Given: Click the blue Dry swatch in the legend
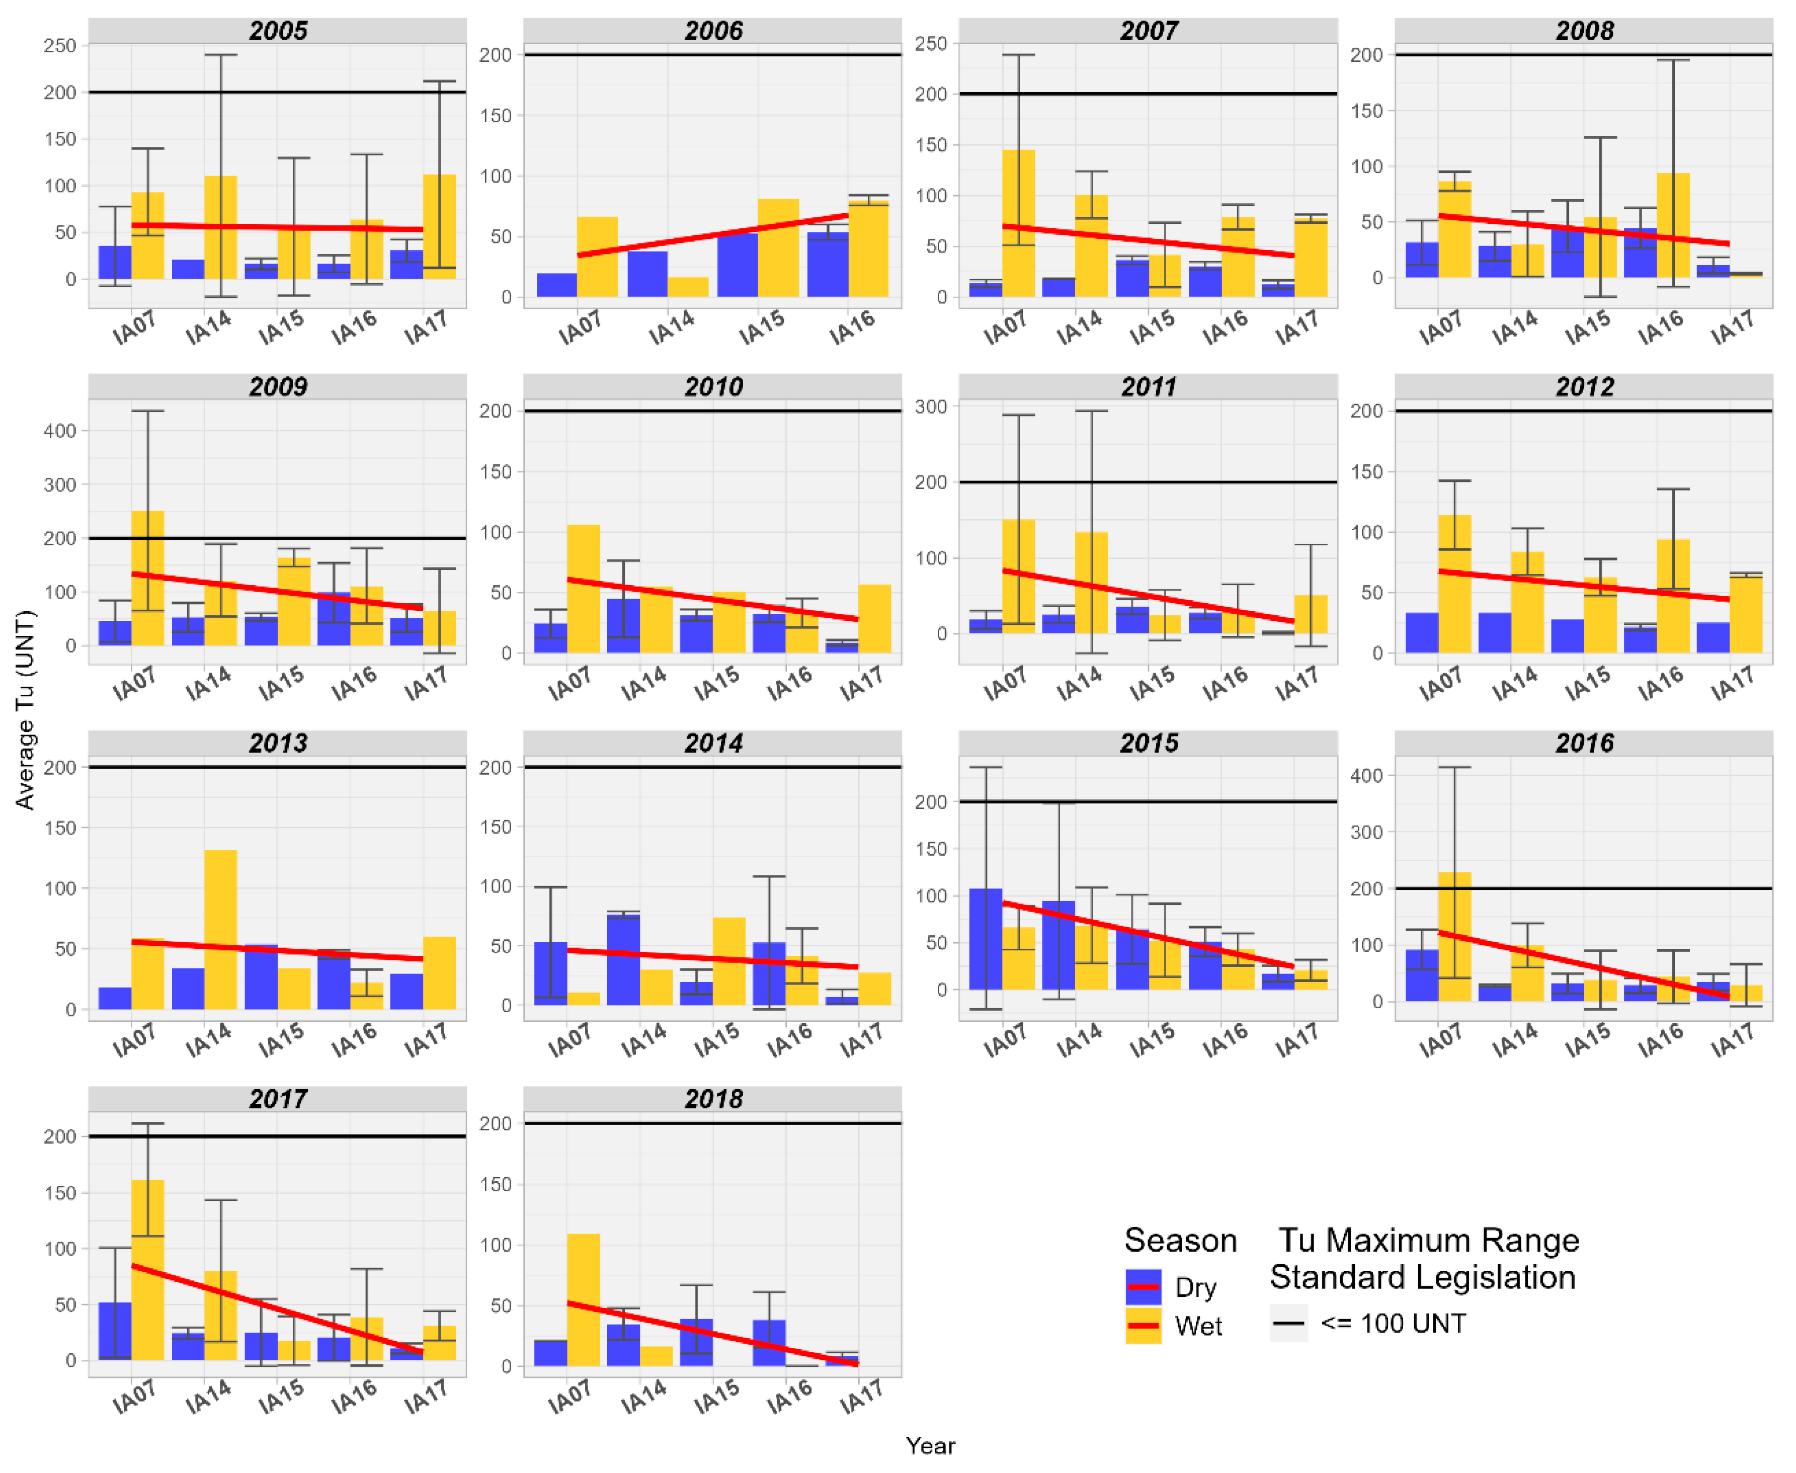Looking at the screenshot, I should (1143, 1286).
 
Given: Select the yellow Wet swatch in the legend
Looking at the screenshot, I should (1143, 1326).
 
